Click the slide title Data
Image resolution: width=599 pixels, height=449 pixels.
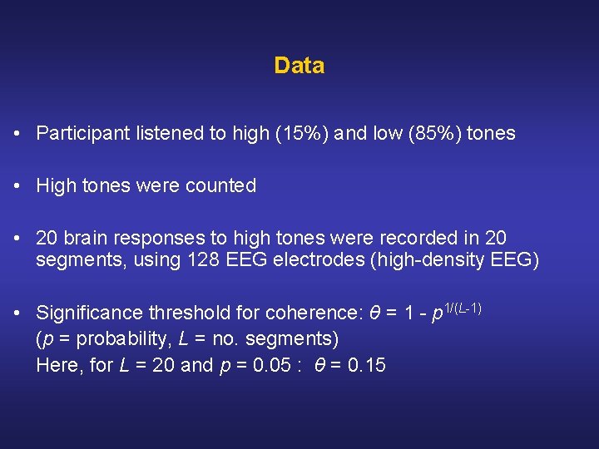point(299,66)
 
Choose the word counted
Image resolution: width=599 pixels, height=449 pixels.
point(220,186)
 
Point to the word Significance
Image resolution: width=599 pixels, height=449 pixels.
point(90,313)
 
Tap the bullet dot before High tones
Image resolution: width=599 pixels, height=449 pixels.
point(17,186)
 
